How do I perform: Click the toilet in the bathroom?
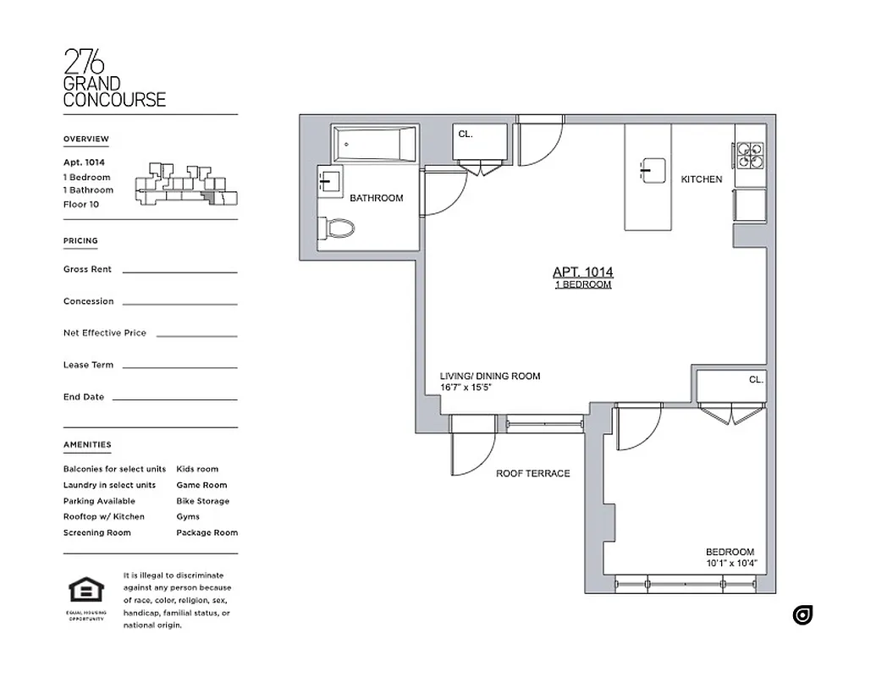[340, 228]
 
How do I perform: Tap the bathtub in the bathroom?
[375, 145]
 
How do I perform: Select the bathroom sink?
[329, 181]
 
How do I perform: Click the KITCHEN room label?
[702, 179]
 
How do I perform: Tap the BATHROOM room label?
[377, 198]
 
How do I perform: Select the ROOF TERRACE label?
[532, 474]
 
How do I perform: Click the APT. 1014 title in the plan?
[582, 272]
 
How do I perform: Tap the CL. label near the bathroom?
[466, 134]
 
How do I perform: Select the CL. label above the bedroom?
[756, 380]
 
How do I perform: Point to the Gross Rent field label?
[87, 269]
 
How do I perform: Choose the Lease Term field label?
[88, 365]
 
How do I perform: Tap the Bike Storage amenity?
[202, 501]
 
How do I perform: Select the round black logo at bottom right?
[802, 615]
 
